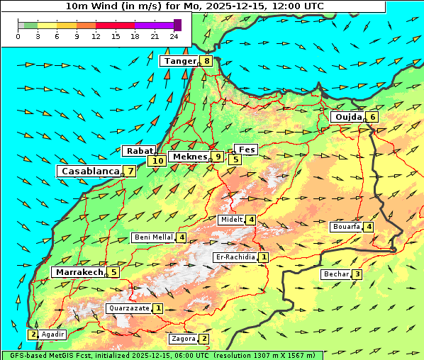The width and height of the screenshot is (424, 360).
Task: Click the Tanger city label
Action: tap(179, 61)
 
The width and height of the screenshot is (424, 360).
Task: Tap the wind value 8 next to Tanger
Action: tap(206, 61)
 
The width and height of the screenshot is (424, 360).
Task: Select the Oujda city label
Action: tap(347, 117)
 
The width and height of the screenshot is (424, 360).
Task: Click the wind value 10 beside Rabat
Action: tap(157, 161)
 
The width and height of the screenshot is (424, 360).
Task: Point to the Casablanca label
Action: tap(89, 171)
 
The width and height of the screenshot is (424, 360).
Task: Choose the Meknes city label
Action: tap(189, 157)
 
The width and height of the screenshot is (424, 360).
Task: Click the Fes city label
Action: tap(246, 150)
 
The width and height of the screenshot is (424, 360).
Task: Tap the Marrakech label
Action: tap(77, 272)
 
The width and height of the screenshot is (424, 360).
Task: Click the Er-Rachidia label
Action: tap(235, 257)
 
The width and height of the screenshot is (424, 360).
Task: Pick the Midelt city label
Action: tap(231, 220)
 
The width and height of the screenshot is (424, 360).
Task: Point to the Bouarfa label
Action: tap(346, 227)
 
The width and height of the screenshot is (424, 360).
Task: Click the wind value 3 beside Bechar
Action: tap(357, 275)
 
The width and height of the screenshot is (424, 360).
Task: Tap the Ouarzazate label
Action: tap(128, 308)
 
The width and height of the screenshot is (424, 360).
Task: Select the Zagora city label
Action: tap(183, 339)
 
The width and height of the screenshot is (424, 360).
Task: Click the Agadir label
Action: tap(53, 334)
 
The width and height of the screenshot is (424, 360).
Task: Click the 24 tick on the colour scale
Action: tap(174, 36)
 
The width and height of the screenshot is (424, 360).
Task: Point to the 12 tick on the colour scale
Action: tap(96, 36)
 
